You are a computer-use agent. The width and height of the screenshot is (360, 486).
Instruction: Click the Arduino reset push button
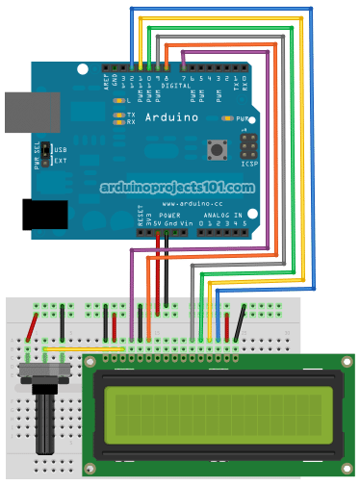tap(217, 149)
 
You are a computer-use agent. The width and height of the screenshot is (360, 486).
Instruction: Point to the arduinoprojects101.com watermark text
tap(177, 189)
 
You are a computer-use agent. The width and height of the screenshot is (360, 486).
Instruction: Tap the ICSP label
tap(248, 164)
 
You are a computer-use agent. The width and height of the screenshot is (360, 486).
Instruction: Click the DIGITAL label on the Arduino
tap(176, 85)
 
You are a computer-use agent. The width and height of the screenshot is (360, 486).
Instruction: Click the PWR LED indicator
tap(227, 117)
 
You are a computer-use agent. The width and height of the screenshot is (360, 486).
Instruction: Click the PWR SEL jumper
tap(43, 155)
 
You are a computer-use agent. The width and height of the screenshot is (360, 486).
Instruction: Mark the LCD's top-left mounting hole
tap(91, 362)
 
